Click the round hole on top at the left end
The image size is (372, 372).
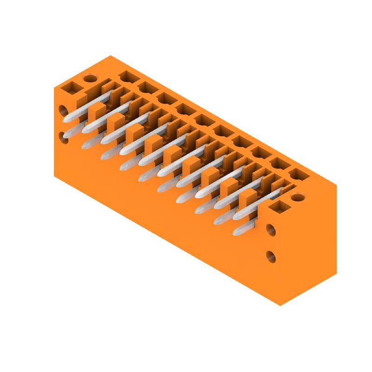(90, 78)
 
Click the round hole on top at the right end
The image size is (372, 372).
(298, 197)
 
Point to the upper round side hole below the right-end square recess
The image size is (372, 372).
(271, 229)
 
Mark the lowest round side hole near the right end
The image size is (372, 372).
(271, 256)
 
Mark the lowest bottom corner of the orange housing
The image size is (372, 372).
(280, 306)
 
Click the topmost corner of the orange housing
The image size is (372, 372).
(111, 55)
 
